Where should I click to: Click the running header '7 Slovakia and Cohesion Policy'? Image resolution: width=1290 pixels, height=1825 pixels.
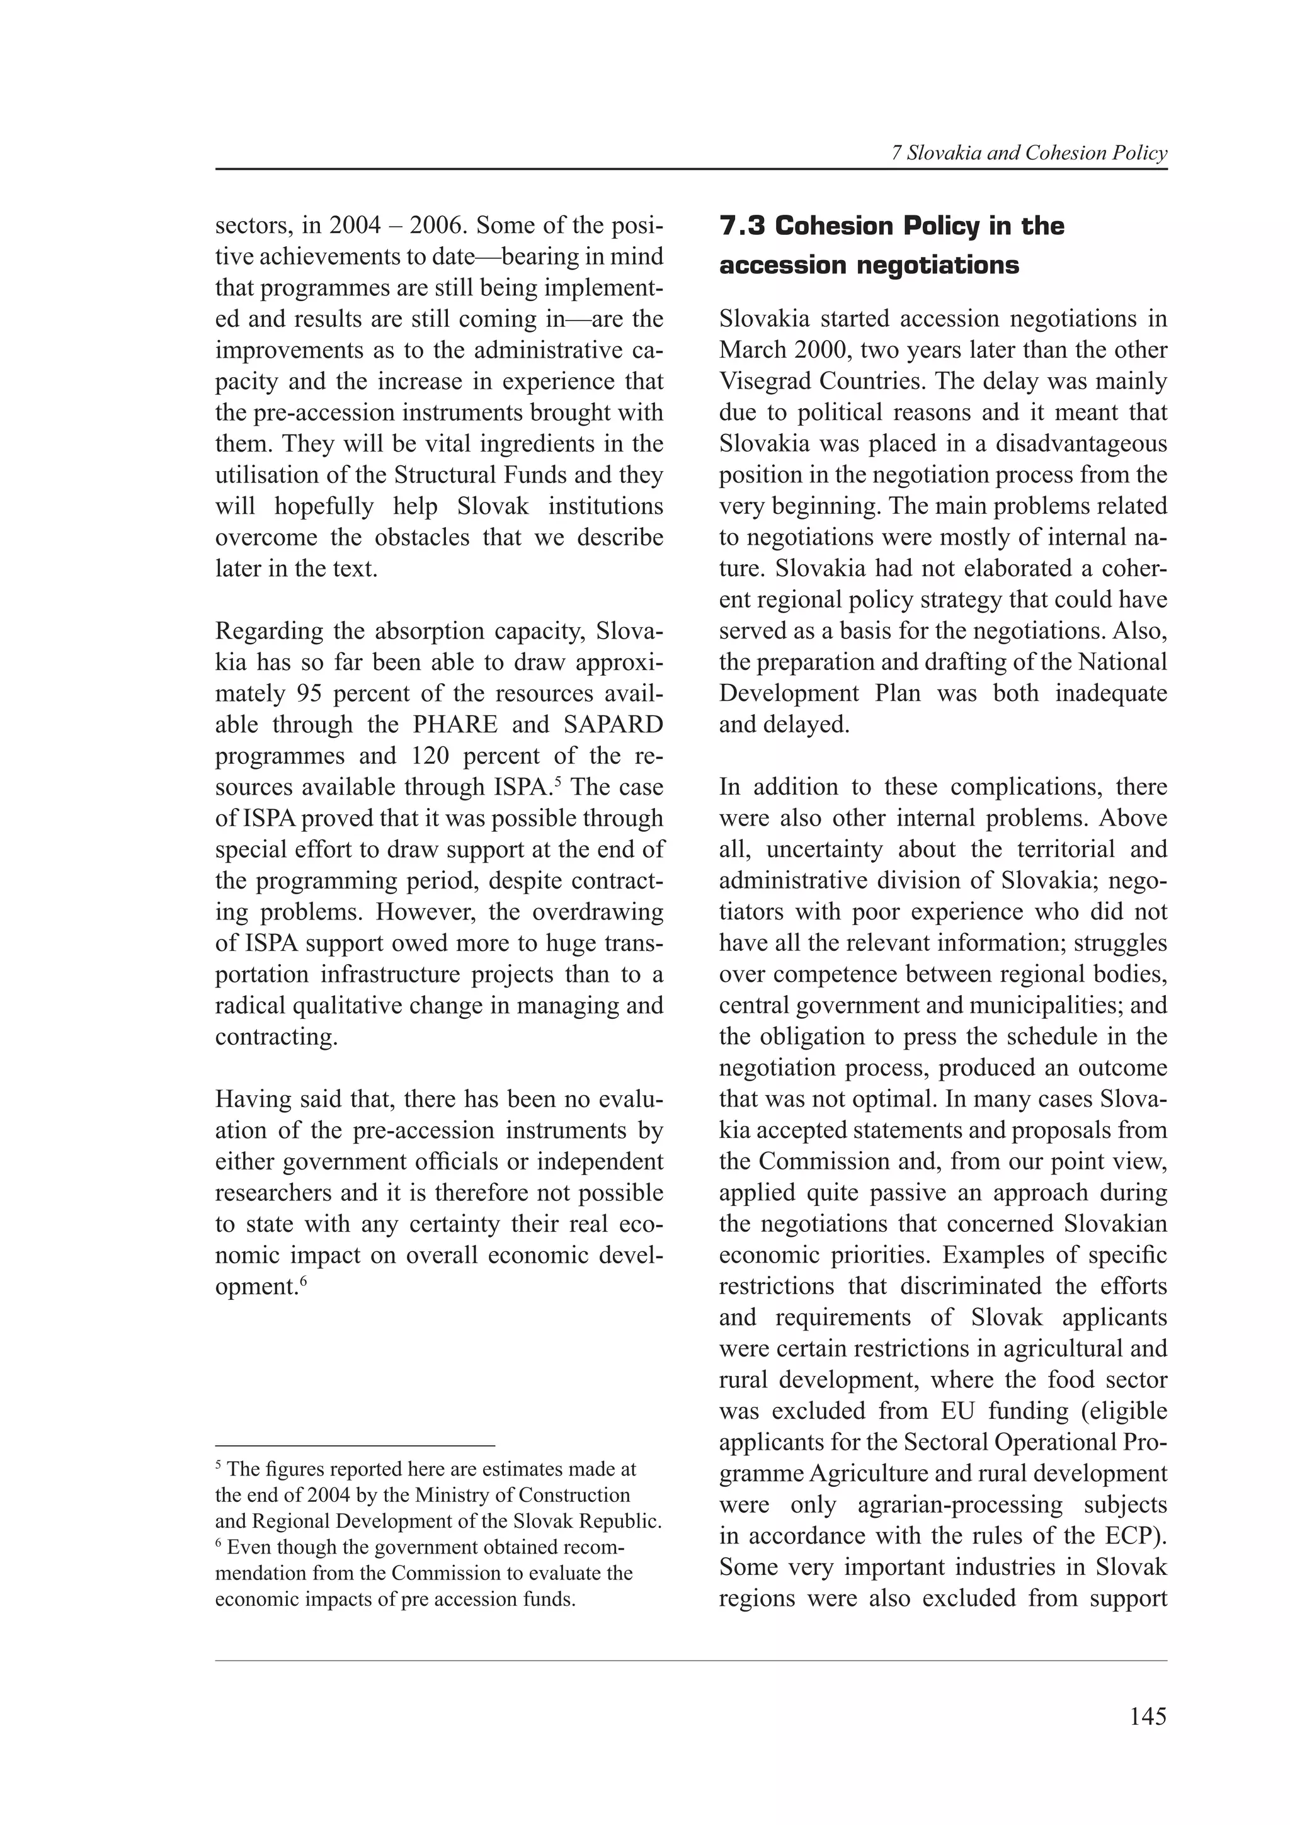[x=1029, y=154]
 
